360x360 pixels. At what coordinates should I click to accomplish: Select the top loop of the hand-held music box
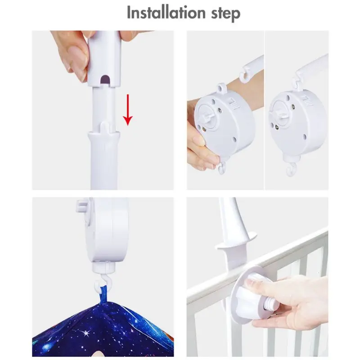(220, 86)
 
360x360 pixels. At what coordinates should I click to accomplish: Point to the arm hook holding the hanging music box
(297, 81)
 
